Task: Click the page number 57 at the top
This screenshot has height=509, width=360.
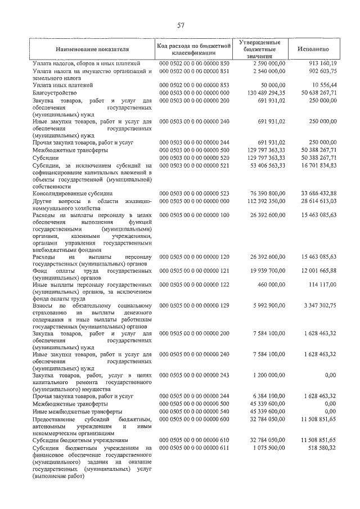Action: click(x=181, y=25)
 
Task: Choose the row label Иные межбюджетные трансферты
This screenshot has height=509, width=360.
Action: click(x=77, y=411)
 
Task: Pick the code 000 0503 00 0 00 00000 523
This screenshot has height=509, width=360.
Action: click(x=195, y=193)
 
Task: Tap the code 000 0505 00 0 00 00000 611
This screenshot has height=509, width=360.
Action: click(x=195, y=448)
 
